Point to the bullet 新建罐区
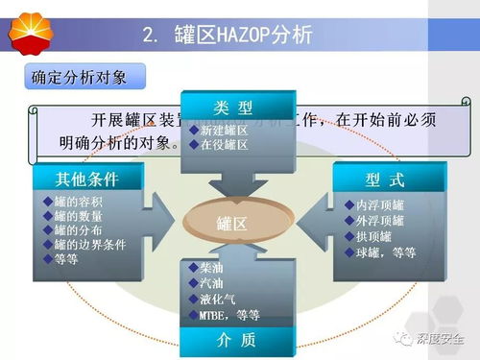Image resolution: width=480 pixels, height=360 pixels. pos(223,130)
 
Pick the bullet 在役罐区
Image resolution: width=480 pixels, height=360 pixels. pos(223,144)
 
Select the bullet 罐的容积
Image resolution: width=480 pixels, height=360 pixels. pos(78,201)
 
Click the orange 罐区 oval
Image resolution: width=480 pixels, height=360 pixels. pos(232,224)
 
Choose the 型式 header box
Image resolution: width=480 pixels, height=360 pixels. pos(385,179)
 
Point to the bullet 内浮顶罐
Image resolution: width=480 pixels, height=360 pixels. pos(379,204)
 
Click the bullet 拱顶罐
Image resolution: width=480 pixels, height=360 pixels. pos(373,236)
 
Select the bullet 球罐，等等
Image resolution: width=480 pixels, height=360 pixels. pos(385,252)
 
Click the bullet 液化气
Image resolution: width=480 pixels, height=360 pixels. pos(216,299)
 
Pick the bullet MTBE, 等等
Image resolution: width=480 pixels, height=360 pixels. pos(228,315)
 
